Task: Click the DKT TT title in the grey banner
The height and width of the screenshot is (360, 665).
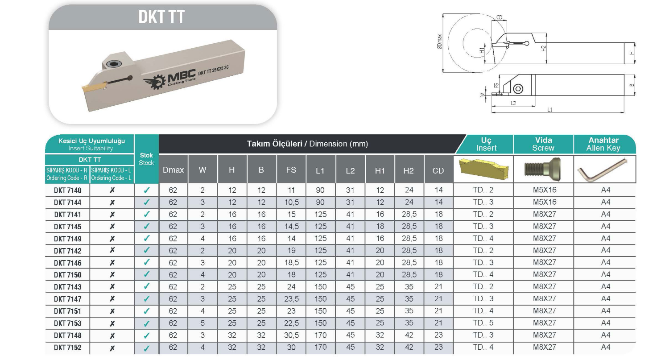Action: (x=161, y=17)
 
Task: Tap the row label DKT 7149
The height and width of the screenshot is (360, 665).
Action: (x=67, y=239)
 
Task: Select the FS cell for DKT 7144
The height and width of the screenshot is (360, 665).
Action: (x=291, y=202)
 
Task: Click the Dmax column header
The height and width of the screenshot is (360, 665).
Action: (x=173, y=170)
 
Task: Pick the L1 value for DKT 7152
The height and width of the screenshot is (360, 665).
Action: (x=320, y=347)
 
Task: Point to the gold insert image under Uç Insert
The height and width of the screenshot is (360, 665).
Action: (x=483, y=169)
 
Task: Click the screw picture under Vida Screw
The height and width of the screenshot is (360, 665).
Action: (x=543, y=170)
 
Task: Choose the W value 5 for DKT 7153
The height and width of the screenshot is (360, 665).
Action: (x=202, y=323)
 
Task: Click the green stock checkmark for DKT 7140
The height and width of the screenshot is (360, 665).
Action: (x=146, y=190)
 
